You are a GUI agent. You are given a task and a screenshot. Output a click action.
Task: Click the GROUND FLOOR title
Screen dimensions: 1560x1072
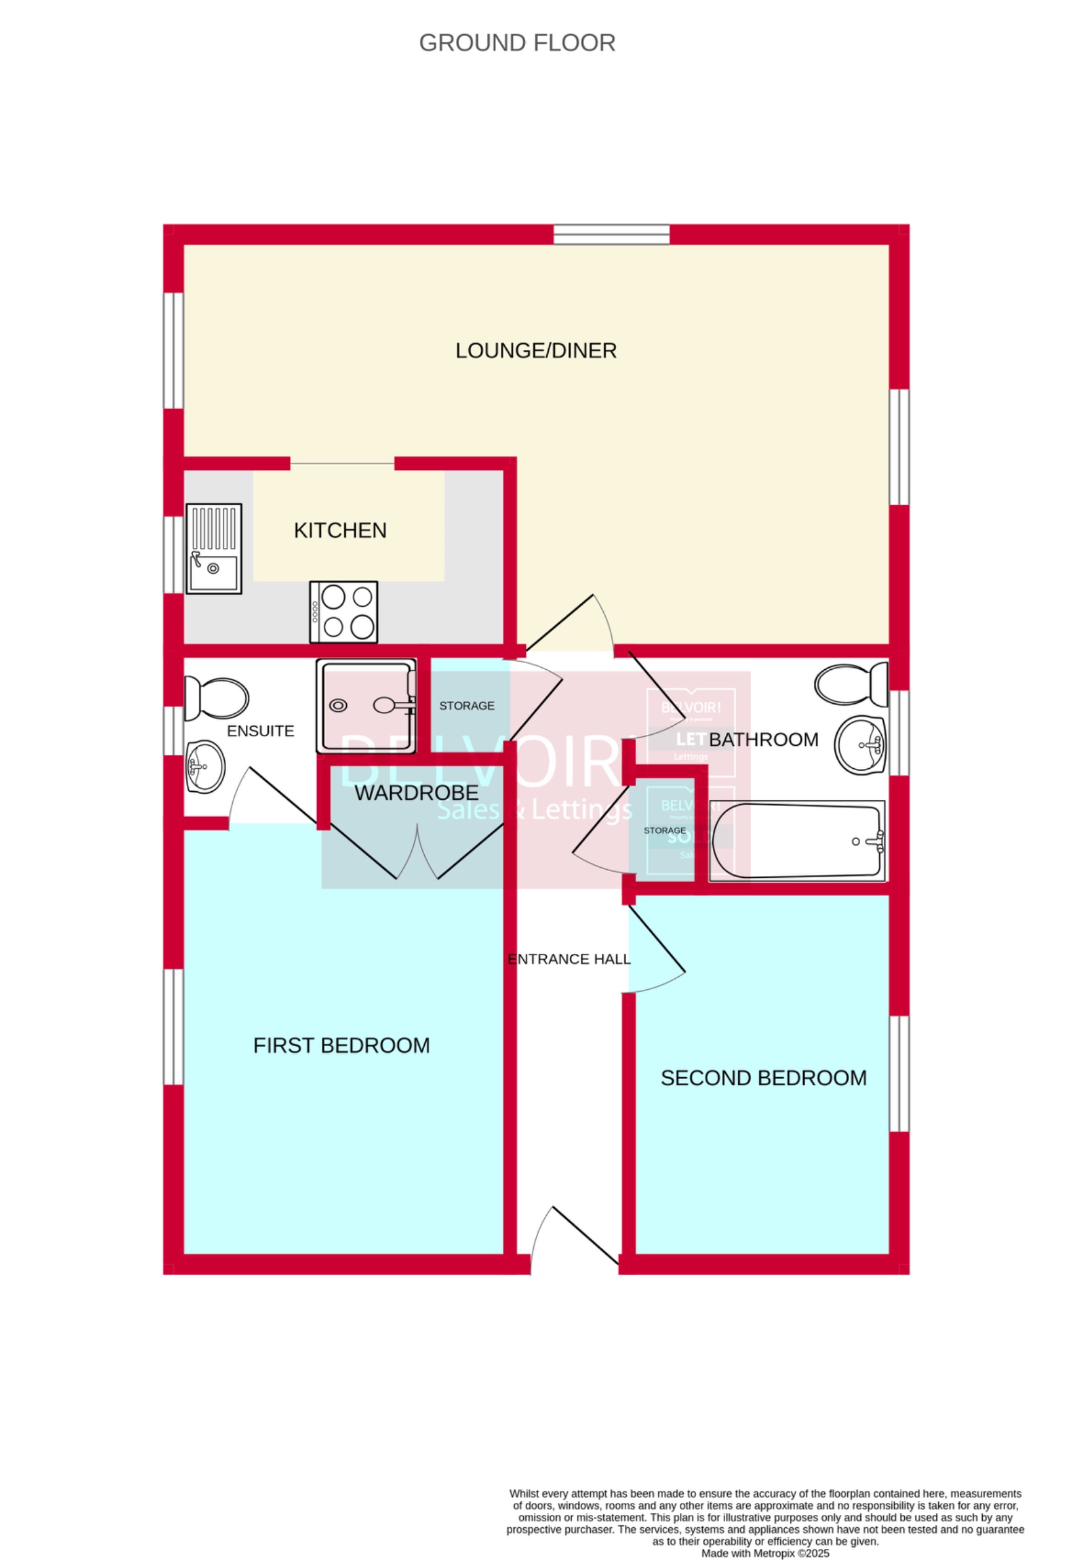click(516, 43)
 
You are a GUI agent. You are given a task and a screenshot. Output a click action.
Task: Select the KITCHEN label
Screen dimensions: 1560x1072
click(340, 531)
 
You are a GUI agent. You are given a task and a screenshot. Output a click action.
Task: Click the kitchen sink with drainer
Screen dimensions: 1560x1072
click(214, 548)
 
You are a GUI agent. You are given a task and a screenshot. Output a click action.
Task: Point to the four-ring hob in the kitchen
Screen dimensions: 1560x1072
click(343, 612)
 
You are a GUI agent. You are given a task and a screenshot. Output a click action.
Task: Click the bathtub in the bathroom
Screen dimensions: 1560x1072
click(797, 841)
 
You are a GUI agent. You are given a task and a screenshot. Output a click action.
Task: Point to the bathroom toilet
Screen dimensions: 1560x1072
click(851, 685)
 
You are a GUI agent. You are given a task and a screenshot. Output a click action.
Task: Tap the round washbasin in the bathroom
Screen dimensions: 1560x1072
click(860, 745)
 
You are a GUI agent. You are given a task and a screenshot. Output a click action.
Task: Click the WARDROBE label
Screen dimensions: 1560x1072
click(416, 793)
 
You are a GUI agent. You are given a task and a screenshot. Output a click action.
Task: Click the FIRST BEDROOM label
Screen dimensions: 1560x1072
click(341, 1045)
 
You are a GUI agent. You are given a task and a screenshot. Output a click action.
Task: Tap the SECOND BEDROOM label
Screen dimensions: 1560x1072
click(763, 1078)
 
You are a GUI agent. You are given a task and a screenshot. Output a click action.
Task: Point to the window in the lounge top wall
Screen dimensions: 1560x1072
click(611, 234)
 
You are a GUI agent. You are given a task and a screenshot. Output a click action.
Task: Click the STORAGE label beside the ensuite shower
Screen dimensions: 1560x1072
click(466, 706)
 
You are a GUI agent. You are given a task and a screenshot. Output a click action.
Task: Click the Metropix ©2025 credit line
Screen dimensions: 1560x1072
click(765, 1553)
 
